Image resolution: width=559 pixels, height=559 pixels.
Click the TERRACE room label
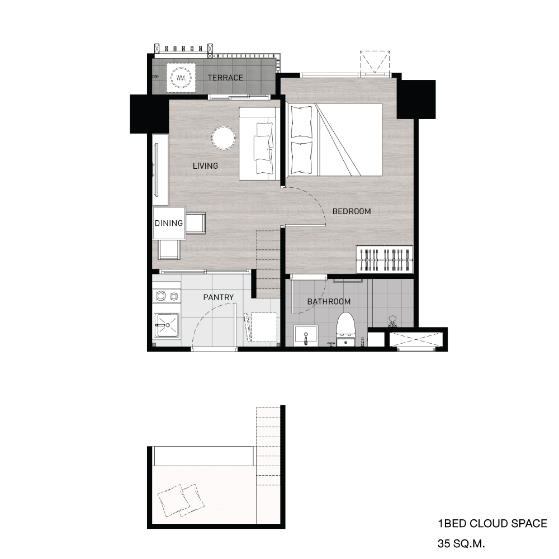coord(225,78)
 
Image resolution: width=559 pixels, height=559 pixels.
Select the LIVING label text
coord(205,166)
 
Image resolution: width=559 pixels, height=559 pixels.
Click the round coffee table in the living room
coord(224,138)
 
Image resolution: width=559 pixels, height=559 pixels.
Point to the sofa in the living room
coord(258,144)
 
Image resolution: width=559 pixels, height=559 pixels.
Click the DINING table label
coord(169,223)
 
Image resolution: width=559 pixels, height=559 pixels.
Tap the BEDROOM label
coord(352,211)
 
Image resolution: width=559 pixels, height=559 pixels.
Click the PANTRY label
coord(218,297)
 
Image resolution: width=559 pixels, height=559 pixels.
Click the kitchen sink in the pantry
coord(167,325)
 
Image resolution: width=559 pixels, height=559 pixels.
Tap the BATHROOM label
coord(329,302)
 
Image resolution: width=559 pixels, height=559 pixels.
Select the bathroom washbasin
coord(305,335)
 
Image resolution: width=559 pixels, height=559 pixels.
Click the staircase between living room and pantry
coord(268,263)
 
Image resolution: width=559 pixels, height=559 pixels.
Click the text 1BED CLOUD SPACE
coord(492,524)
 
